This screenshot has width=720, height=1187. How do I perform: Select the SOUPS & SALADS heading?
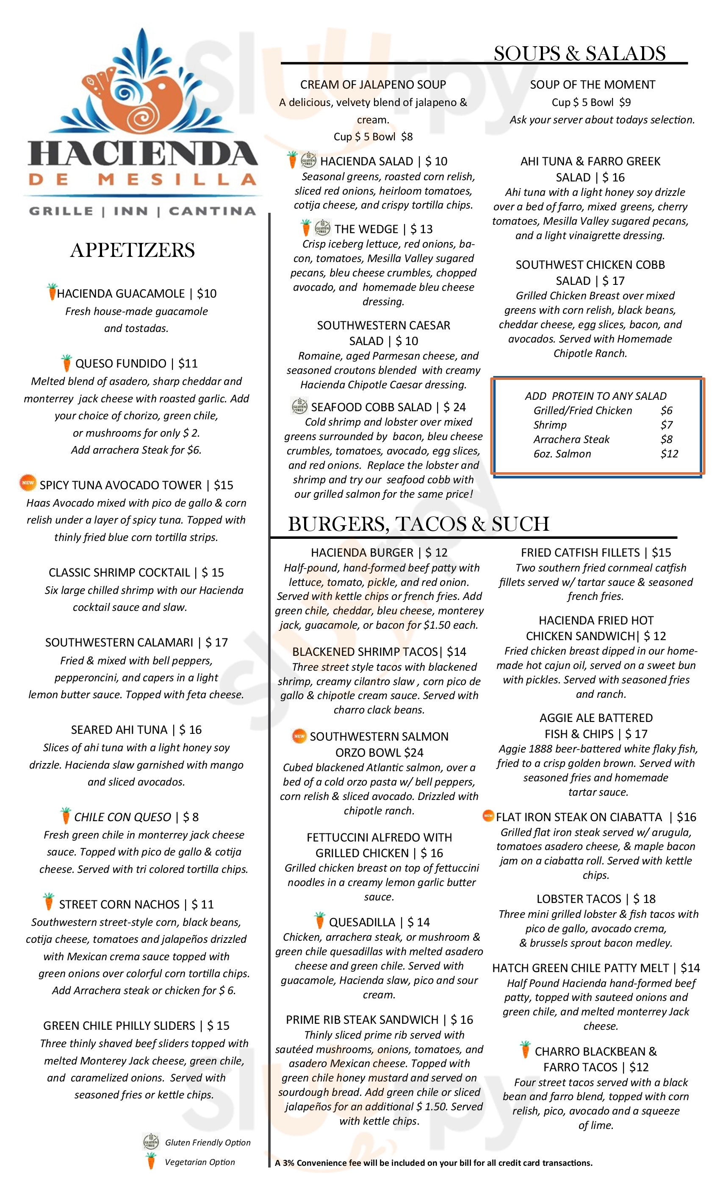pos(579,53)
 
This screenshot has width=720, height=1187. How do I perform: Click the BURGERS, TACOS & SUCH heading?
pos(418,524)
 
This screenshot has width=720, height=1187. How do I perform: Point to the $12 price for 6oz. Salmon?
pos(669,454)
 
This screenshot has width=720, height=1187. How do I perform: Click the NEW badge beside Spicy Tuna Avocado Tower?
pos(28,482)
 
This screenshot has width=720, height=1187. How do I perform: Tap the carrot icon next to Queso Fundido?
pos(66,363)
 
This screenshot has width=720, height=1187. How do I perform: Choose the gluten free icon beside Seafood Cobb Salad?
pos(299,406)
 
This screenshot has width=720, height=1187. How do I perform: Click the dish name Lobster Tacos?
pos(579,899)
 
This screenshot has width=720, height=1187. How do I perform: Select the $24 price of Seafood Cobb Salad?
pos(454,407)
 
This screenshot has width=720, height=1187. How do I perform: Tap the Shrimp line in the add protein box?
pos(550,425)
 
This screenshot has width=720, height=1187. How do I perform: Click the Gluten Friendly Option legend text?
pos(208,1142)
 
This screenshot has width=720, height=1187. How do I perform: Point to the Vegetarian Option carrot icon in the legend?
pos(151,1162)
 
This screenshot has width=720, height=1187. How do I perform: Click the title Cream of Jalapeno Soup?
pos(373,85)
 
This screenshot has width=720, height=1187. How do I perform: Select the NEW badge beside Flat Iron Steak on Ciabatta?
pos(488,816)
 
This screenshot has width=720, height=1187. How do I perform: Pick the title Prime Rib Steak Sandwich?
pos(362,1020)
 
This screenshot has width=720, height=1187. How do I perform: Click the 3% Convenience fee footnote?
pos(433,1162)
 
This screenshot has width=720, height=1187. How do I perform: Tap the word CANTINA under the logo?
pos(212,211)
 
